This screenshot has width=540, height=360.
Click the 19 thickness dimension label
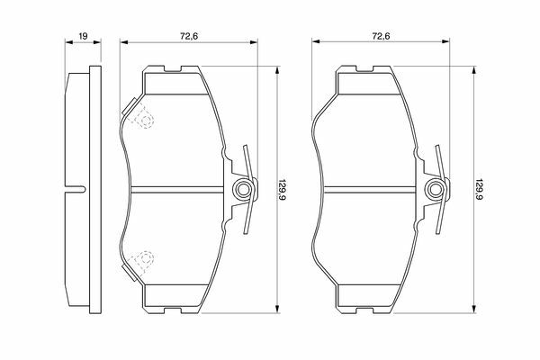coord(84,36)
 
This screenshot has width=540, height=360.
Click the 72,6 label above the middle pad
coord(189,36)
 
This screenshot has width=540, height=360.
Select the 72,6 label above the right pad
coord(381,36)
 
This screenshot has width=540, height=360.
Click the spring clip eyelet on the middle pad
coord(244,189)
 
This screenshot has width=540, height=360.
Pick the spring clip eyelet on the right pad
coord(436,189)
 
